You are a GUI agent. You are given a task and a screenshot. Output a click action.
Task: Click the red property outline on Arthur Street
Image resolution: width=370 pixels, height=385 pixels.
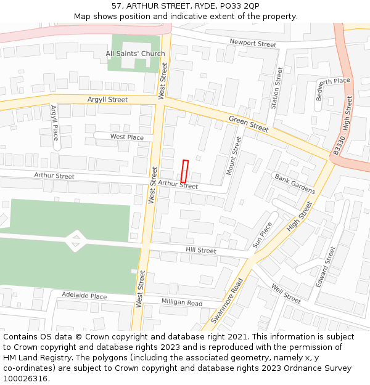tap(184, 171)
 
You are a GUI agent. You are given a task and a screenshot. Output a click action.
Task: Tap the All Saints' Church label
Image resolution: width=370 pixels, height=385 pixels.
tap(135, 54)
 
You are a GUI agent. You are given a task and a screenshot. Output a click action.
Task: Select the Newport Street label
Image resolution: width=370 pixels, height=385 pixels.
tap(253, 44)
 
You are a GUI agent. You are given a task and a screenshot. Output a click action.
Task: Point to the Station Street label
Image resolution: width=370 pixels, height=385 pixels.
tap(276, 87)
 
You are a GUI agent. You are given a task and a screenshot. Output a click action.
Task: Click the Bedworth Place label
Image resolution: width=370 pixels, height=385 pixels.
tap(333, 82)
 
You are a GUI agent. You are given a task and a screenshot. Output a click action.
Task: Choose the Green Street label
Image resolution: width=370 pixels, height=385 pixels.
tap(249, 124)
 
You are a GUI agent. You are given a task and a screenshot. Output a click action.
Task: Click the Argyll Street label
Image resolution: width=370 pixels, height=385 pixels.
tap(107, 100)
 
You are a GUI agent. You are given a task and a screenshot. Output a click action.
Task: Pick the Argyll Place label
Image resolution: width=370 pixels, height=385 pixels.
tap(55, 123)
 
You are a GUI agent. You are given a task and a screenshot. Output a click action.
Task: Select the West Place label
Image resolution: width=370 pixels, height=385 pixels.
tap(126, 137)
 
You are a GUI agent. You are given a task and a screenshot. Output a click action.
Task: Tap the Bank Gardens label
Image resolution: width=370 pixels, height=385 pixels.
tap(295, 183)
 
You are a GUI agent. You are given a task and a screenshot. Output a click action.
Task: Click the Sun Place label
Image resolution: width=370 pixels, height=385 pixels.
tap(262, 235)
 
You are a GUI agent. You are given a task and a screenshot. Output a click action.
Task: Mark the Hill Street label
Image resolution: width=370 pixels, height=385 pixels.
tap(201, 251)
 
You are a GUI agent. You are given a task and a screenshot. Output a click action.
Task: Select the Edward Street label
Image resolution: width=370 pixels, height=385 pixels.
tap(326, 266)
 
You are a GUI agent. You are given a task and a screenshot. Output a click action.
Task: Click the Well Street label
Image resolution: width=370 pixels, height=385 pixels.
tap(286, 294)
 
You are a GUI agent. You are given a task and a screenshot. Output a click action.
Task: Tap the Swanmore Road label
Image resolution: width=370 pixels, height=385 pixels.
tap(228, 300)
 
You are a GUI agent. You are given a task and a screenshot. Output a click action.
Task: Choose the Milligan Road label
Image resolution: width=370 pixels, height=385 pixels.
tap(182, 302)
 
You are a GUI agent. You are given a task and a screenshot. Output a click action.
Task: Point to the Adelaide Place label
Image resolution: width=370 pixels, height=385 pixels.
tap(84, 296)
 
